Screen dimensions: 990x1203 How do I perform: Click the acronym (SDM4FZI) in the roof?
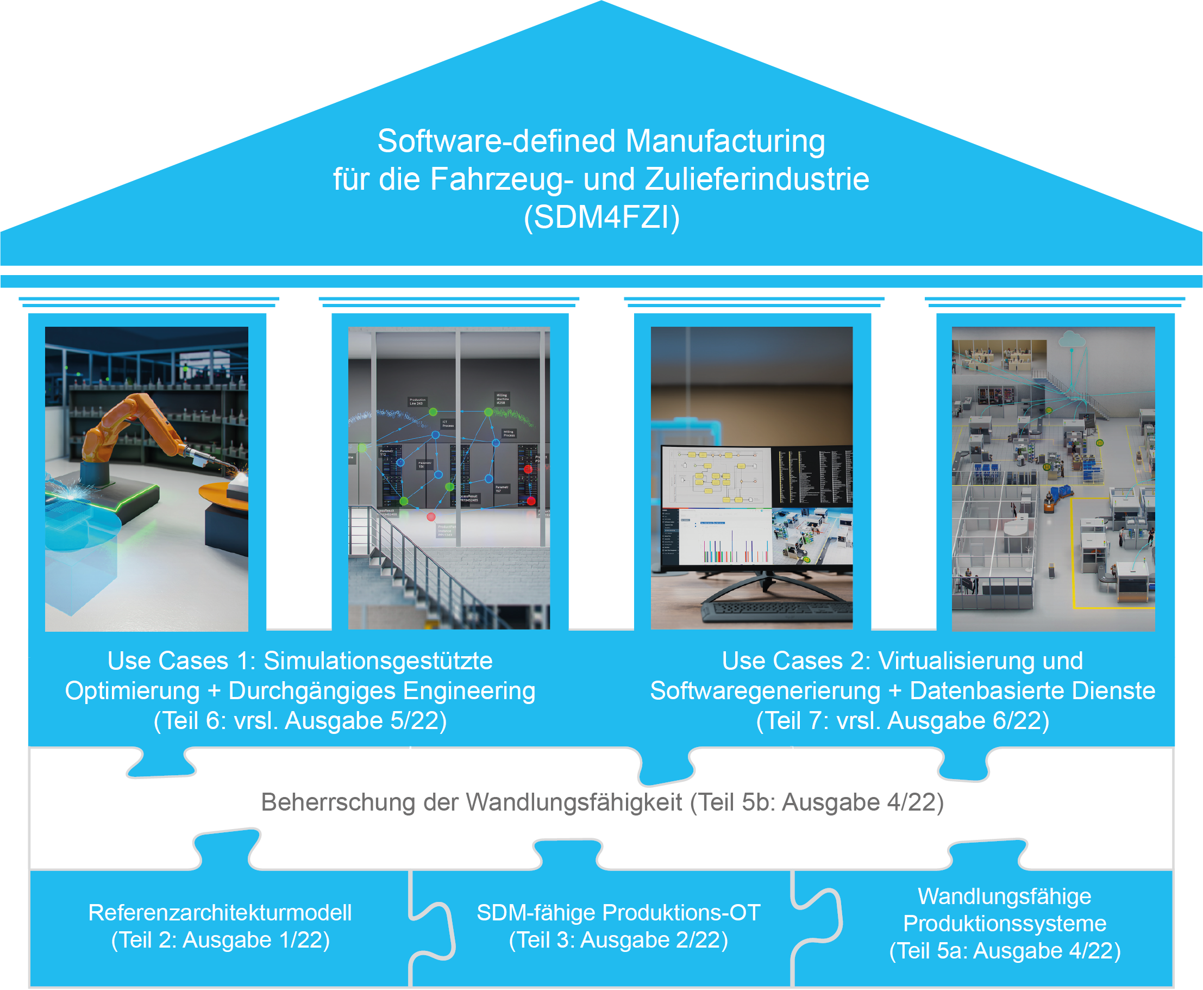point(601,217)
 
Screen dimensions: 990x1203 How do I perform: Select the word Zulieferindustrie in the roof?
point(757,179)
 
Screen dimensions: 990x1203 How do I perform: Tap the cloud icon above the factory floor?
point(1072,340)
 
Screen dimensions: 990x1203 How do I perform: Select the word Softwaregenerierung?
point(766,690)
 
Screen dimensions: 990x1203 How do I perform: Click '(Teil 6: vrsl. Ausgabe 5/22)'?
point(300,720)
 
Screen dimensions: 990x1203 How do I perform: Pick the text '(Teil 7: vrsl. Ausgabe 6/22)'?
point(903,720)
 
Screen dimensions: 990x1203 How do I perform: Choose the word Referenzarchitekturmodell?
point(220,913)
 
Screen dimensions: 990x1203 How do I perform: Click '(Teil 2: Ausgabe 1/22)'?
point(220,941)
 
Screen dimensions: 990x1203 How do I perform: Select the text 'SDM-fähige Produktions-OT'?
point(618,913)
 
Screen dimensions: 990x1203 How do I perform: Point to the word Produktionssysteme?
point(1005,923)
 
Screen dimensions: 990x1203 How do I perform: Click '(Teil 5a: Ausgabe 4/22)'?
point(1005,951)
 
